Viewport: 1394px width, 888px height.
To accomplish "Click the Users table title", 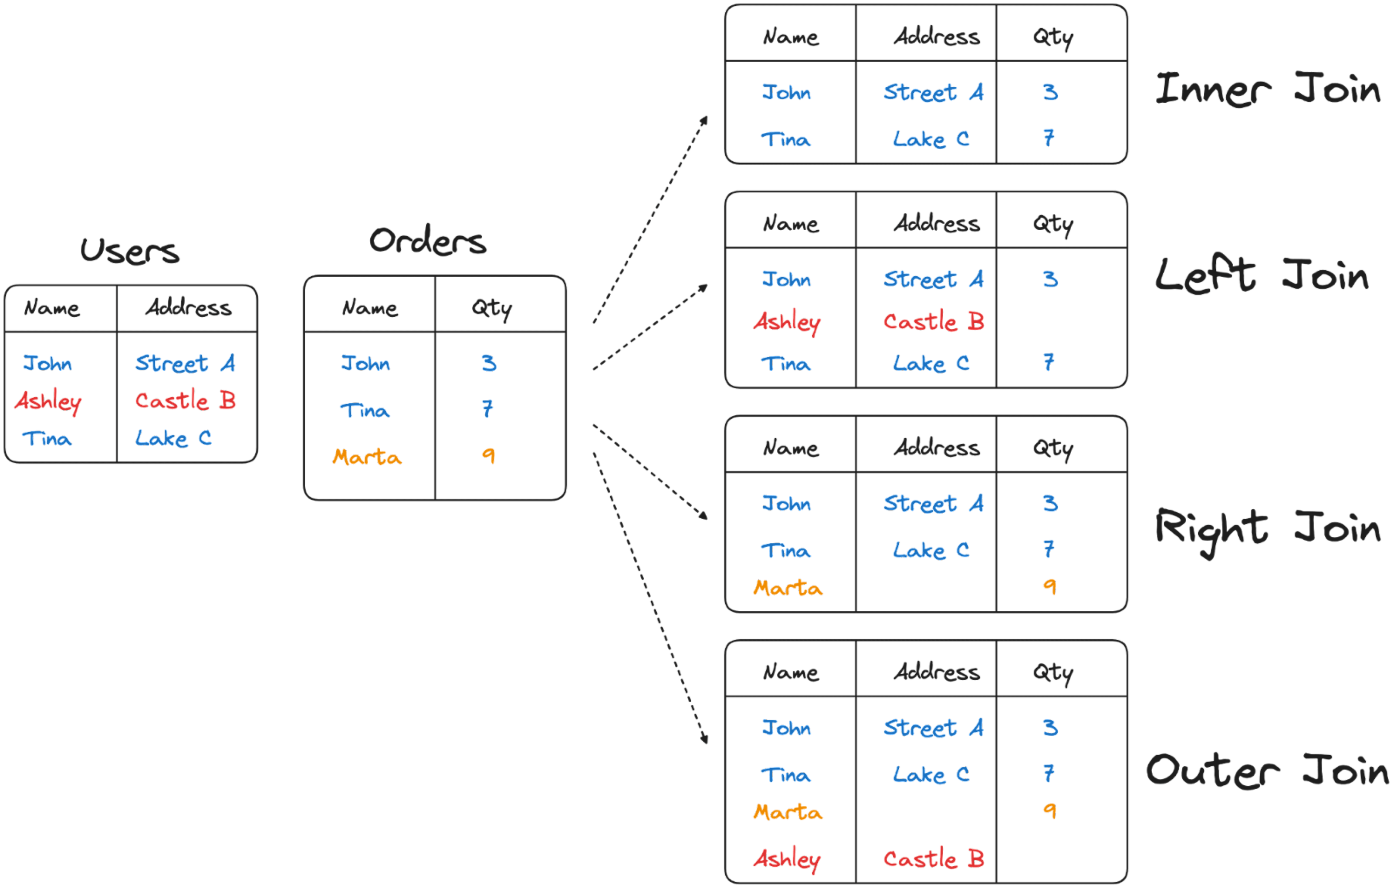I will coord(130,251).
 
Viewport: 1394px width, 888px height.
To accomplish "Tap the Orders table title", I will coord(428,241).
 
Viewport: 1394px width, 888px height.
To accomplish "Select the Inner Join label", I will coord(1268,90).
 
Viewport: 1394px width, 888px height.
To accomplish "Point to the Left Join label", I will coord(1262,276).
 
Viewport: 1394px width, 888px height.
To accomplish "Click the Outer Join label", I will coord(1267,771).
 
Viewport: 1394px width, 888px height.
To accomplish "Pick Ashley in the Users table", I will coord(48,401).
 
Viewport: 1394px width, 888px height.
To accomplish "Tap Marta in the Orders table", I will coord(366,457).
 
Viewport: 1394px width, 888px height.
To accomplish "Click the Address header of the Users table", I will coord(188,307).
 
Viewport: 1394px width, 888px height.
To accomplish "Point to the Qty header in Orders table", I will coord(492,308).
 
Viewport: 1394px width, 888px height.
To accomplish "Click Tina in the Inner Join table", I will coord(785,139).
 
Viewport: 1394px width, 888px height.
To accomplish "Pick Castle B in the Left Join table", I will coord(933,321).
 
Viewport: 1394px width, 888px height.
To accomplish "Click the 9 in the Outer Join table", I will coord(1049,811).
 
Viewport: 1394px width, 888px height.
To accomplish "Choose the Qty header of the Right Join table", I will coord(1053,448).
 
